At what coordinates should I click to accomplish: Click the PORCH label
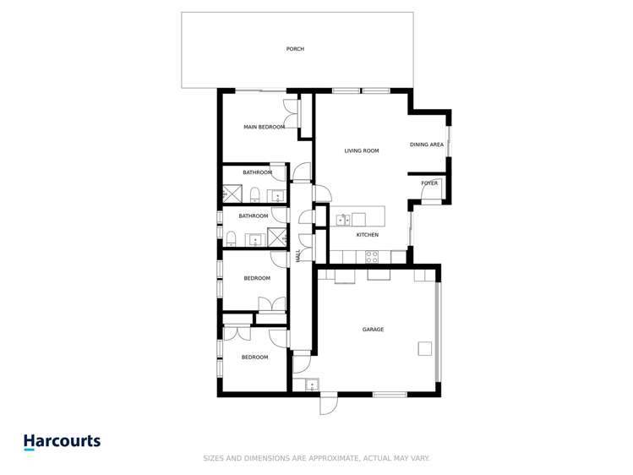pyautogui.click(x=295, y=49)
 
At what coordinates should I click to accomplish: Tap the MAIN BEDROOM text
pyautogui.click(x=264, y=128)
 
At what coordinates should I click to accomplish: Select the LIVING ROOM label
pyautogui.click(x=361, y=151)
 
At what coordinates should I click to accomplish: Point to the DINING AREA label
pyautogui.click(x=427, y=145)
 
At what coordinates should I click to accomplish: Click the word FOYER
pyautogui.click(x=429, y=183)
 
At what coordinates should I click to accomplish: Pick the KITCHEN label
pyautogui.click(x=366, y=234)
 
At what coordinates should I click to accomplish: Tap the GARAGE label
pyautogui.click(x=373, y=330)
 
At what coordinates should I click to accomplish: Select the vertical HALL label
pyautogui.click(x=298, y=256)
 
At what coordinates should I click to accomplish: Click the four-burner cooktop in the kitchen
pyautogui.click(x=371, y=257)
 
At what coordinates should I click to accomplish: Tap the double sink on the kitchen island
pyautogui.click(x=343, y=221)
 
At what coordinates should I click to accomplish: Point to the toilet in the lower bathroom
pyautogui.click(x=230, y=236)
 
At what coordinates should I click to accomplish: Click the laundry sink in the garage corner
pyautogui.click(x=311, y=385)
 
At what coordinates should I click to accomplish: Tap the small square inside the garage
pyautogui.click(x=424, y=348)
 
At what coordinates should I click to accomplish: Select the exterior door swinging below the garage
pyautogui.click(x=328, y=405)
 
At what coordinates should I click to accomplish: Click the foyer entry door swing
pyautogui.click(x=431, y=199)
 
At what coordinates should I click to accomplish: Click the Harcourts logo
pyautogui.click(x=62, y=441)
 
